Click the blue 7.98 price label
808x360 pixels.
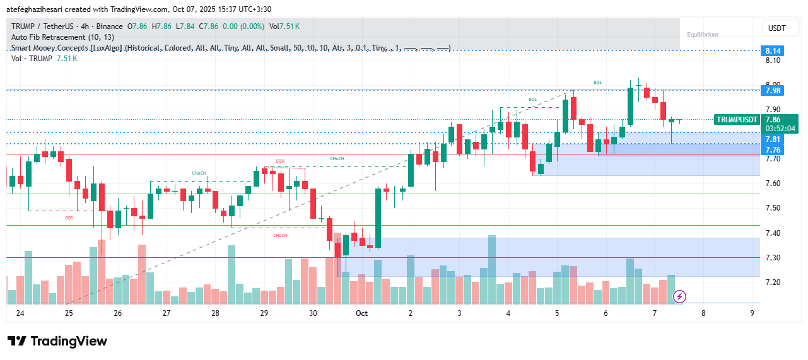click(773, 91)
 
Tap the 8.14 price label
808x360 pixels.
click(773, 50)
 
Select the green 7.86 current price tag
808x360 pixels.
click(773, 119)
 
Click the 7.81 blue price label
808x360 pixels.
click(773, 139)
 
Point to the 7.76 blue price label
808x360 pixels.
click(773, 149)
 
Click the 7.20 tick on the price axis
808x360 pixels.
click(773, 282)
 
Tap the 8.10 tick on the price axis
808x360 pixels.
click(773, 61)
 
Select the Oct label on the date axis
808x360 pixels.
click(361, 313)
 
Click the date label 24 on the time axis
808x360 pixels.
click(20, 313)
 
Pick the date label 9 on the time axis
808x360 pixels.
click(752, 313)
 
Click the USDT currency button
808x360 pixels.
click(776, 28)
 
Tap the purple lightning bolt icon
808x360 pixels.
click(680, 296)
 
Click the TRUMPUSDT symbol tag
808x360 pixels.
click(736, 119)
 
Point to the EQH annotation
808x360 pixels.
click(280, 161)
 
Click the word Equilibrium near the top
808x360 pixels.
click(702, 35)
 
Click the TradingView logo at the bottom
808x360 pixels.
click(57, 341)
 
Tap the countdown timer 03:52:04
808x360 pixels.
click(780, 128)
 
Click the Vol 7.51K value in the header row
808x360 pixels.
click(284, 26)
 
